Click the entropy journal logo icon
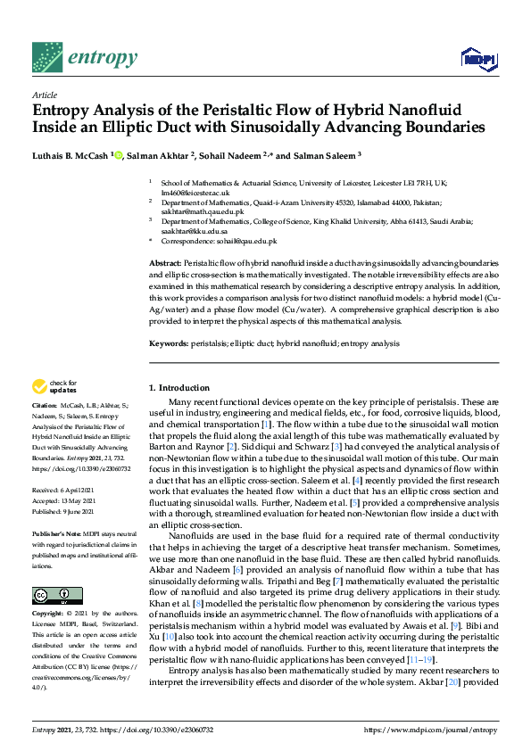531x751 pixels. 47,59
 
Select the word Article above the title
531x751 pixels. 44,94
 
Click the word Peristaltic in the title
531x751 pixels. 245,110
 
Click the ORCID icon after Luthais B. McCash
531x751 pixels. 117,155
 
